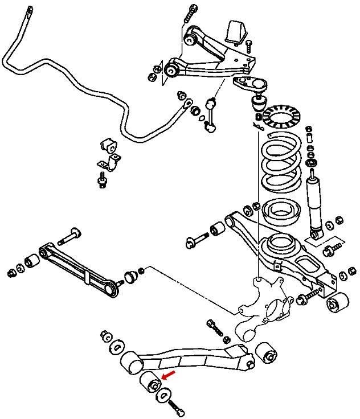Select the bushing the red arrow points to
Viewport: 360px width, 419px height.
coord(151,383)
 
